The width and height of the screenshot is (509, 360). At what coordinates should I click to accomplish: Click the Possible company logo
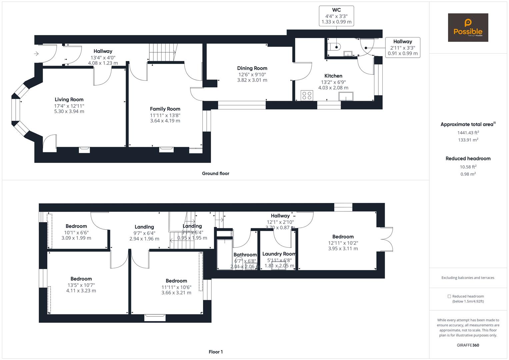(x=468, y=28)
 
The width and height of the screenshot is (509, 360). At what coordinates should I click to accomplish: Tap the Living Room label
(x=69, y=100)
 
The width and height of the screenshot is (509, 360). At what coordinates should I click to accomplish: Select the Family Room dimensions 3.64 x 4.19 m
(x=165, y=121)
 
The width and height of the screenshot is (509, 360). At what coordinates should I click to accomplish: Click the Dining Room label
(x=252, y=68)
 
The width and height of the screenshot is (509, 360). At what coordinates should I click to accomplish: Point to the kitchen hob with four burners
(x=306, y=96)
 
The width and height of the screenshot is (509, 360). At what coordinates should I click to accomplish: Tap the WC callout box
(x=336, y=16)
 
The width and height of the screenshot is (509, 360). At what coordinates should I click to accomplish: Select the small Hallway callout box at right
(x=402, y=47)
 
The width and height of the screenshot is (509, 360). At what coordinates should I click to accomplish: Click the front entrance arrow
(x=36, y=54)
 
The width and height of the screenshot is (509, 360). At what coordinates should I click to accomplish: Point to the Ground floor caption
(x=215, y=173)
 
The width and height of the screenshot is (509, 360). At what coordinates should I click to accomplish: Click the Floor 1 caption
(x=215, y=352)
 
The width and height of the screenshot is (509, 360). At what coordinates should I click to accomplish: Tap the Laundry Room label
(x=279, y=254)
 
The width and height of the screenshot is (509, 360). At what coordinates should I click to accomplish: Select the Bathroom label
(x=245, y=255)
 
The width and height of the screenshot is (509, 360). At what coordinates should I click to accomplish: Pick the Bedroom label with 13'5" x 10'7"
(x=81, y=279)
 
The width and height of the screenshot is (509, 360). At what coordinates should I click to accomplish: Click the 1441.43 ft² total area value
(x=468, y=133)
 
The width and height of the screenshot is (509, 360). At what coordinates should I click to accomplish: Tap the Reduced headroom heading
(x=468, y=159)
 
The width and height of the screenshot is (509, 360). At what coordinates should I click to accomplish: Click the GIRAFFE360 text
(x=468, y=345)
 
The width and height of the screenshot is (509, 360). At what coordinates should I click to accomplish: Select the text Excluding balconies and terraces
(x=468, y=278)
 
